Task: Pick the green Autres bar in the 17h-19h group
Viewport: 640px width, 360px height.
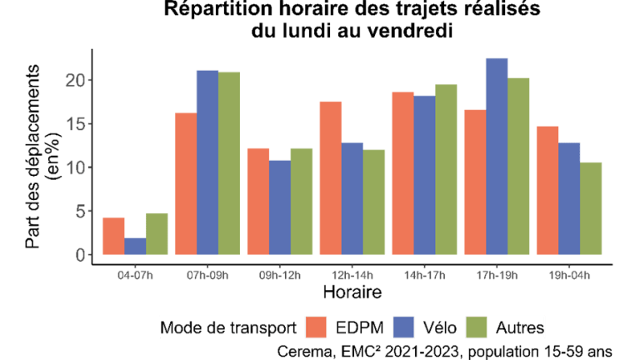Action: [x=518, y=167]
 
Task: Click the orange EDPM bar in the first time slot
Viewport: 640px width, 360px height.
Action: [x=113, y=236]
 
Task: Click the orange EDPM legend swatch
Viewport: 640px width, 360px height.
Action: [x=313, y=325]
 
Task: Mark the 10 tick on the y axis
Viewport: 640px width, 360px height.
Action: [x=77, y=167]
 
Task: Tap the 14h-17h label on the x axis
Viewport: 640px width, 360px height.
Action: [x=424, y=274]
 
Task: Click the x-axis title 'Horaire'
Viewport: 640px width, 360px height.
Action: [x=352, y=292]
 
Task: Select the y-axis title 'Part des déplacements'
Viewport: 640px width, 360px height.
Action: [x=34, y=158]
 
